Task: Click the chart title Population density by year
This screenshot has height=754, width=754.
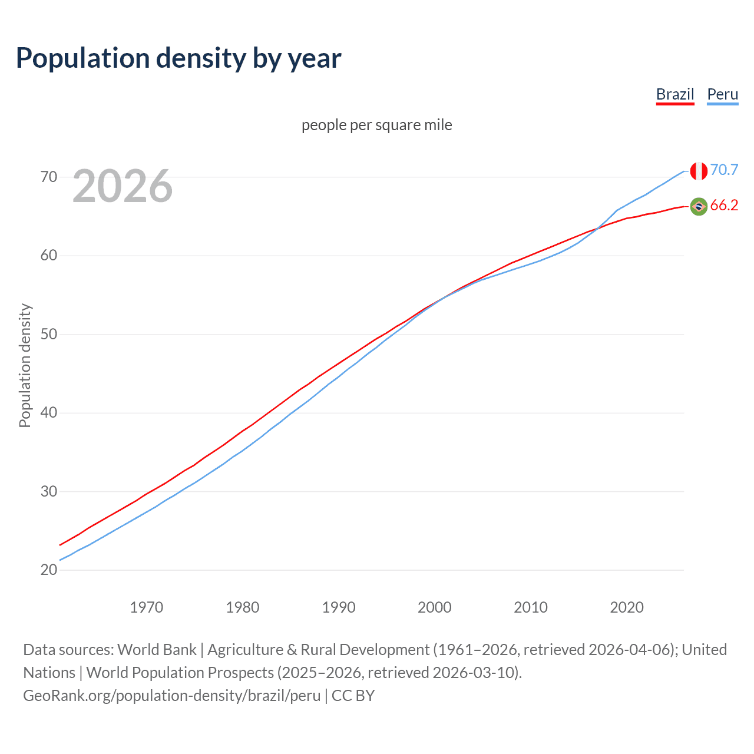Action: coord(178,58)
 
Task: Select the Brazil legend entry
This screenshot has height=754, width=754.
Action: coord(675,94)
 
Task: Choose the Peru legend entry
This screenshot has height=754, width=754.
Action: coord(722,94)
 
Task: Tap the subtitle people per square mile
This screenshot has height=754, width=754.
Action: coord(376,125)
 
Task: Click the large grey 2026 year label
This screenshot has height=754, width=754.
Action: coord(123,186)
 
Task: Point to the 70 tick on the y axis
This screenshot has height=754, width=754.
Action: coord(49,177)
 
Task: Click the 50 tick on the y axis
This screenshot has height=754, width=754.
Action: coord(49,334)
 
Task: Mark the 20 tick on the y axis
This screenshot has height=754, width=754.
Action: coord(49,570)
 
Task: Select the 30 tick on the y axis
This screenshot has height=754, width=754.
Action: coord(49,491)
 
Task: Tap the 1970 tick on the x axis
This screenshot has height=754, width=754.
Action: coord(146,607)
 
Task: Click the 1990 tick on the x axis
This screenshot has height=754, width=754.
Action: coord(339,607)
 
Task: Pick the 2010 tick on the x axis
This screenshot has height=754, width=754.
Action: coord(531,607)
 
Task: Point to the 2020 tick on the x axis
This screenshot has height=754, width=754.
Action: coord(627,607)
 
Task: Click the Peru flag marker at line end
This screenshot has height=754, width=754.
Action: coord(699,171)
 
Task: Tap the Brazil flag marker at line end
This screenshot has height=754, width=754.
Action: coord(699,206)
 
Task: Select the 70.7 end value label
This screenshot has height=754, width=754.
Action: coord(724,170)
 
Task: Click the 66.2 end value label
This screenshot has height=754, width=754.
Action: coord(724,205)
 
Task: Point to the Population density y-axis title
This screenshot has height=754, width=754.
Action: coord(25,365)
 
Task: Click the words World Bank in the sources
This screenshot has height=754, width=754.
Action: coord(157,650)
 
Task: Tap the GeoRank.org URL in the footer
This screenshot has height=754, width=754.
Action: coord(171,696)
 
